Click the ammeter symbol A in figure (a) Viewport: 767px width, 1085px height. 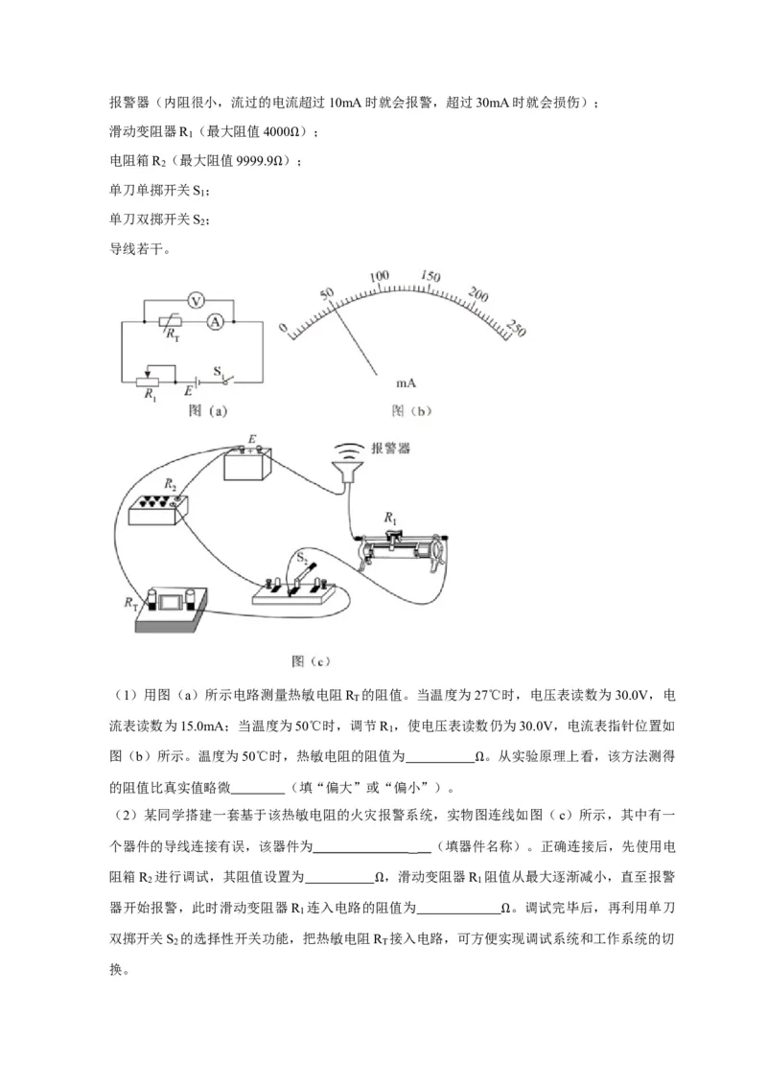coord(217,323)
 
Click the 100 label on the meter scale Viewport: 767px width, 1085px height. coord(382,276)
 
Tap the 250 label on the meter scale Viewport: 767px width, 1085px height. coord(516,324)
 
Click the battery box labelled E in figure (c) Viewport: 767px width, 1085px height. coord(247,466)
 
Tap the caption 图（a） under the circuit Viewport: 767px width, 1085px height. coord(206,412)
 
